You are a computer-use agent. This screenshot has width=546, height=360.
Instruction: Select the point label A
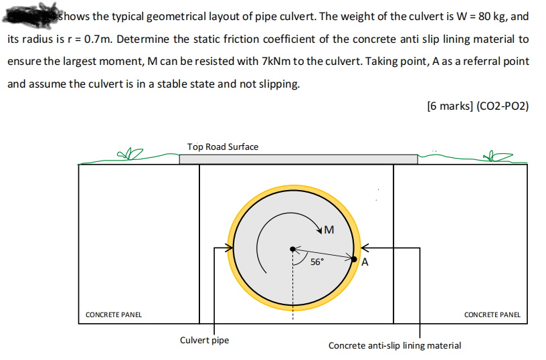(365, 262)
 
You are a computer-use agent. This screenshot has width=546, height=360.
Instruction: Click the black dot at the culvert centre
(292, 249)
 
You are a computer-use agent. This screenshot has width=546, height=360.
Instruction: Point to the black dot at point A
(355, 258)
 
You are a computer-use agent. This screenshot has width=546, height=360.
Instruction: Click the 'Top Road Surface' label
(223, 147)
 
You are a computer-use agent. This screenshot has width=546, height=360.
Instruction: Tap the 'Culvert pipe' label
(204, 340)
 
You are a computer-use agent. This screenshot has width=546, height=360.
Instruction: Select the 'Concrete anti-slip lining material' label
(394, 345)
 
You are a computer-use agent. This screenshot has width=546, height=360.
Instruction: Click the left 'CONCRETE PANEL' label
(114, 314)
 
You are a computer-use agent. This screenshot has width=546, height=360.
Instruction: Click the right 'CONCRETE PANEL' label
(492, 314)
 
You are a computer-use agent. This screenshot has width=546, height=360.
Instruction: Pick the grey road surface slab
(298, 159)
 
